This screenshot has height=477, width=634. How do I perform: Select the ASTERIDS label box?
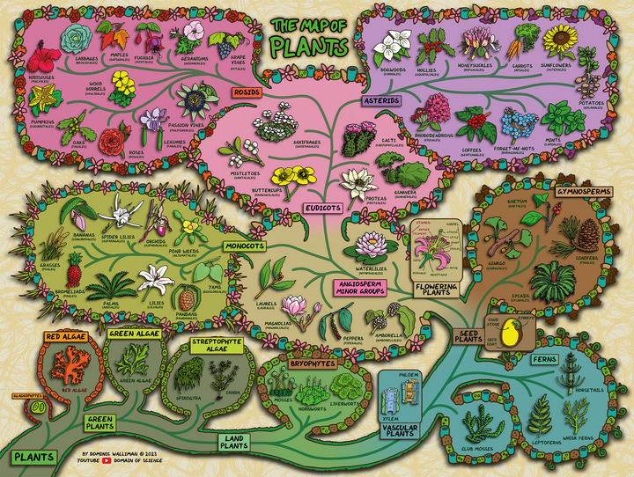pos(381,101)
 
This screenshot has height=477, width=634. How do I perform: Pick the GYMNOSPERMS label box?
pos(583,189)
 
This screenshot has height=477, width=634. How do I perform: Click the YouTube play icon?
pos(113,459)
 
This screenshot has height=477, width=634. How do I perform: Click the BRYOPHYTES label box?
pos(312,363)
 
